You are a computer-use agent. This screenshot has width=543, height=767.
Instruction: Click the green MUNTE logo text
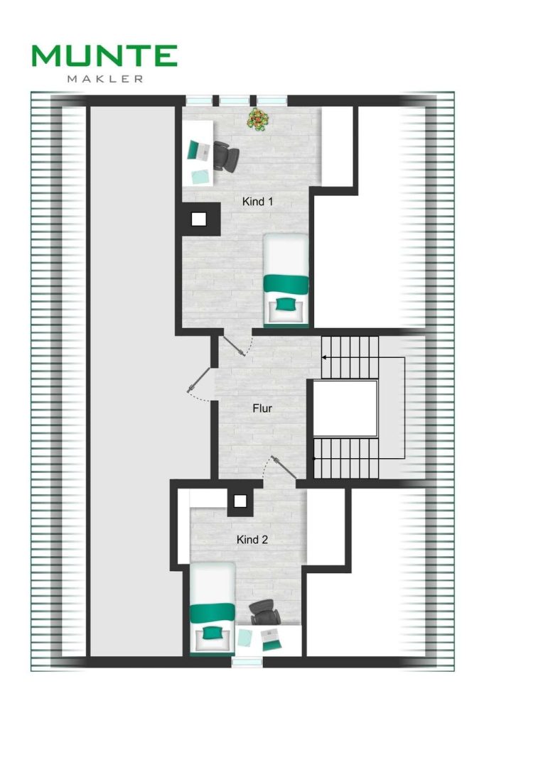(x=104, y=55)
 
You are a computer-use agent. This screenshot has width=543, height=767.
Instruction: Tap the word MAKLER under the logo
(x=105, y=79)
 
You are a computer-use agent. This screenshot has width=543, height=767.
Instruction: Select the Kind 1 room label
(x=257, y=201)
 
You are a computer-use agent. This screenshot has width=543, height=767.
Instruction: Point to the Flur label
(x=262, y=408)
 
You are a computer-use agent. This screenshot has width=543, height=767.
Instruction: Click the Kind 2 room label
(x=252, y=540)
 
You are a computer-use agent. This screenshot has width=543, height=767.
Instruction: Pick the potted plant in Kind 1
(x=258, y=119)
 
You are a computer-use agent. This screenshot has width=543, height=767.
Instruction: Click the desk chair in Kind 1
(x=226, y=156)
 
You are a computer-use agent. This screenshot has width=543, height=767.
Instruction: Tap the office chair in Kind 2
(x=265, y=612)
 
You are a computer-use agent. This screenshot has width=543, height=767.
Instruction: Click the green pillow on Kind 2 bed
(x=212, y=633)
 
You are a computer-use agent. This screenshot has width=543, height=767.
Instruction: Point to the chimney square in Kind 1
(x=198, y=219)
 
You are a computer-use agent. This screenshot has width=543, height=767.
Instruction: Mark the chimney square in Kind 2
(x=240, y=501)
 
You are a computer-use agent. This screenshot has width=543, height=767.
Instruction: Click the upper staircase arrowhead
(x=324, y=358)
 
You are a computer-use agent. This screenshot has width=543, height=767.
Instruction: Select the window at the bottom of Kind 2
(x=247, y=662)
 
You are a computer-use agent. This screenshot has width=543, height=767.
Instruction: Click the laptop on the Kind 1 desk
(x=199, y=149)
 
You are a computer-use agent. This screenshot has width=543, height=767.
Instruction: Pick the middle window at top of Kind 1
(x=235, y=100)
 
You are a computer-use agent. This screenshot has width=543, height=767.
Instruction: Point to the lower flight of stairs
(x=345, y=458)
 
